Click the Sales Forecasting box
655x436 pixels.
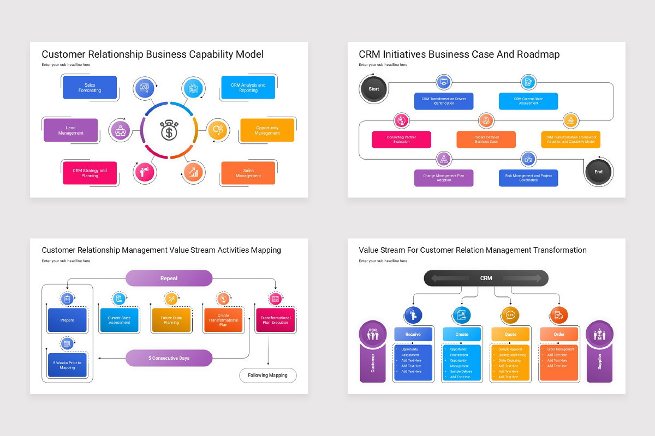(x=90, y=87)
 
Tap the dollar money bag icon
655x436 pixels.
(x=169, y=130)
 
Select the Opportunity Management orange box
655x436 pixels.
(x=267, y=130)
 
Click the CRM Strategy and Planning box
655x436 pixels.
(x=90, y=173)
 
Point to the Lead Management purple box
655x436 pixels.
(x=70, y=130)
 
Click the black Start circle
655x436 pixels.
(x=373, y=89)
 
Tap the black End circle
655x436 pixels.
(x=598, y=172)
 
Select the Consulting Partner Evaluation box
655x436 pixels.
(x=401, y=140)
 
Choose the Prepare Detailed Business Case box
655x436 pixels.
(x=486, y=140)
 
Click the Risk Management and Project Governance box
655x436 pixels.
(x=528, y=178)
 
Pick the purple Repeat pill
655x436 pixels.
(x=169, y=278)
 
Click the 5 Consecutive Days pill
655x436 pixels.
(x=169, y=358)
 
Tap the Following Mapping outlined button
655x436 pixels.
(x=267, y=376)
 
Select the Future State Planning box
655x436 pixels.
(x=171, y=320)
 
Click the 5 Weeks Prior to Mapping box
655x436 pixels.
(x=67, y=365)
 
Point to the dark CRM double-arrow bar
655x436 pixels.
(x=486, y=278)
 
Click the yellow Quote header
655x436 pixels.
(x=510, y=334)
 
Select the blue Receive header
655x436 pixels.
(x=413, y=334)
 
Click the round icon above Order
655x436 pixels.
(x=559, y=314)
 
